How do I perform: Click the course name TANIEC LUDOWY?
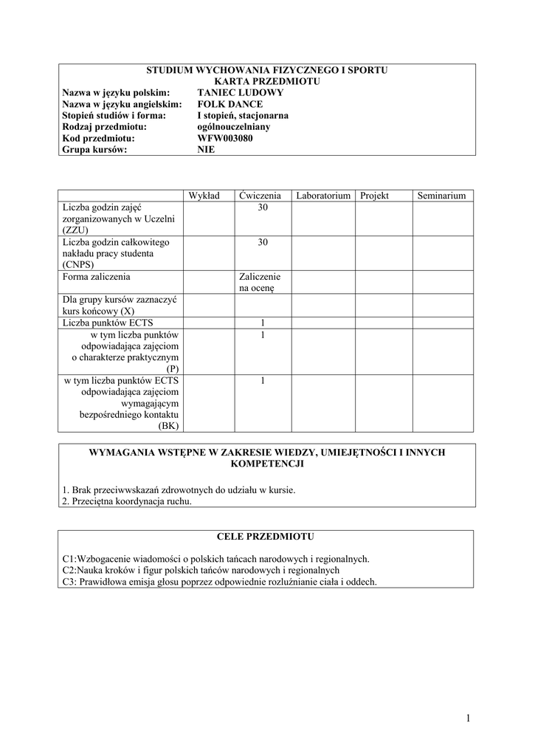[x=240, y=92]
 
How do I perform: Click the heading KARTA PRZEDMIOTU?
[x=267, y=81]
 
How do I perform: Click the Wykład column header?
[x=204, y=196]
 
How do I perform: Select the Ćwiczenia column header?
[x=260, y=196]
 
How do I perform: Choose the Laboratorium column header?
[x=323, y=196]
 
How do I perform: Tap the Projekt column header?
[x=375, y=196]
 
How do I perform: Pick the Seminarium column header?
[x=441, y=196]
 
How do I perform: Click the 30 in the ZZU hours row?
[x=263, y=208]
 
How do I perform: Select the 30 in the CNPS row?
[x=263, y=242]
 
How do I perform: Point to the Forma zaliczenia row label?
[x=97, y=277]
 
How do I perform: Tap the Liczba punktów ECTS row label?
[x=108, y=323]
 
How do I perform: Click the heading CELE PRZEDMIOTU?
[x=267, y=535]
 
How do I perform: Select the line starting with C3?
[x=220, y=581]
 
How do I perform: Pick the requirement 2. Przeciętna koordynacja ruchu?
[x=127, y=501]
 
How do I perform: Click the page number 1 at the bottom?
[x=469, y=718]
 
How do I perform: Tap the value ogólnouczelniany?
[x=233, y=126]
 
